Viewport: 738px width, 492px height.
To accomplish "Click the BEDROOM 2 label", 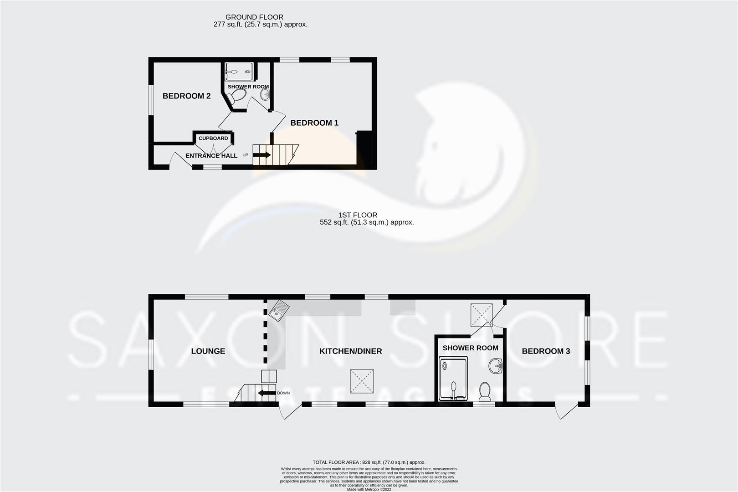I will [x=186, y=96].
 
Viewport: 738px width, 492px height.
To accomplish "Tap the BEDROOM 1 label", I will [x=314, y=123].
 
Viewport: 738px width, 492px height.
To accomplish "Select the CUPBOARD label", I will [x=213, y=138].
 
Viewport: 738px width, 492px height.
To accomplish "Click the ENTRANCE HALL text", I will [x=211, y=156].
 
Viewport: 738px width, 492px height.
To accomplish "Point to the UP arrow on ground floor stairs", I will [x=262, y=155].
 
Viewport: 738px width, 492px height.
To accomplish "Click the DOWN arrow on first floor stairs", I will [x=266, y=393].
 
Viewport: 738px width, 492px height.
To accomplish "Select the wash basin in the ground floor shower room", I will [x=265, y=95].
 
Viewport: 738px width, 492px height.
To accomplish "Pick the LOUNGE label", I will [x=208, y=351].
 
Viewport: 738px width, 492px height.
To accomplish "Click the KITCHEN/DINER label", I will [x=350, y=351].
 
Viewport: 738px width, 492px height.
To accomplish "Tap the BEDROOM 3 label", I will [x=546, y=351].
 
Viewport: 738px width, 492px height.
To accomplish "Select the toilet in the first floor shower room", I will [x=485, y=392].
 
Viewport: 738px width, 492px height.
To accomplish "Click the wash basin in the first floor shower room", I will [x=496, y=365].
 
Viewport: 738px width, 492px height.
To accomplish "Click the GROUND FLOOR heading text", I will [x=254, y=17].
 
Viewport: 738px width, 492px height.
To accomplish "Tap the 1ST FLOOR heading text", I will [x=358, y=215].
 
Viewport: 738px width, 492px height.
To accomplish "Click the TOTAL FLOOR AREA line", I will [x=369, y=462].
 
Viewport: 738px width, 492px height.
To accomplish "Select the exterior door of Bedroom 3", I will [x=565, y=411].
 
